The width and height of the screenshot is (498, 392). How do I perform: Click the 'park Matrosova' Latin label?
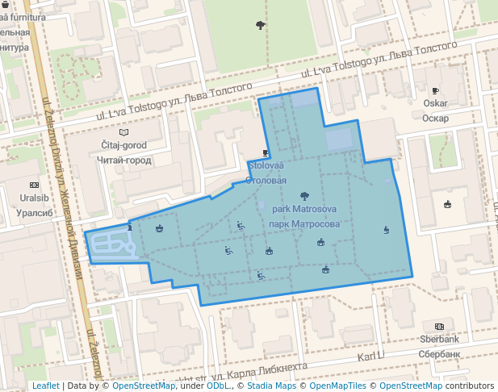coord(303,209)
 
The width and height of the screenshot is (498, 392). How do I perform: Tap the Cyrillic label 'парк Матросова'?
coord(303,223)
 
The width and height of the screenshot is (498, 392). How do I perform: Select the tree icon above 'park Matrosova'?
coord(304,195)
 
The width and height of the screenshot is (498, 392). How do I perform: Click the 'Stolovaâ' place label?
coord(266,165)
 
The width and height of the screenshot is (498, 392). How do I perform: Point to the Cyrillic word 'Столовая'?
coord(266,180)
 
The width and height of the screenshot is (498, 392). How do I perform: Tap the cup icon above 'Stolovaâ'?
coord(266,152)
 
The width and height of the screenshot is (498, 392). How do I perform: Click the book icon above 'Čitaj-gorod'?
coord(123,132)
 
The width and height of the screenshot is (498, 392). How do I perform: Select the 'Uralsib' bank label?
coord(33,198)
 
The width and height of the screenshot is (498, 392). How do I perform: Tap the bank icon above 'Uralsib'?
coord(33,185)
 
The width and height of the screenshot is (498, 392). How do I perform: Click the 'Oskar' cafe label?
coord(435,103)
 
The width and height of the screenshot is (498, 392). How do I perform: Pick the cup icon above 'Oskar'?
coord(435,90)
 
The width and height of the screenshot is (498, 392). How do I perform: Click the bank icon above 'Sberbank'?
coord(439,327)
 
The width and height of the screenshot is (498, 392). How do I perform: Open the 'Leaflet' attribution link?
coord(45,386)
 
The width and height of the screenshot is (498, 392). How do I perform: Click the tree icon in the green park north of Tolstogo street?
coord(259,25)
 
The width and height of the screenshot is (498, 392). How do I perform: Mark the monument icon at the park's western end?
coord(130,229)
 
